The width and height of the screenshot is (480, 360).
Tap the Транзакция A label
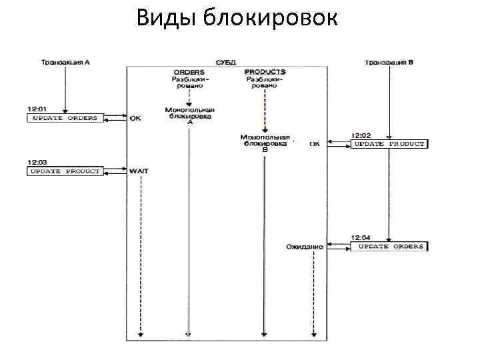(65, 62)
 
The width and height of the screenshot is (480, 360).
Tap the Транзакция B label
(389, 62)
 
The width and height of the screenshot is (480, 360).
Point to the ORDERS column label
(189, 71)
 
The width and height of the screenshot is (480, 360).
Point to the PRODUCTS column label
(265, 71)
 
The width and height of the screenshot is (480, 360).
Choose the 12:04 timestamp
(360, 237)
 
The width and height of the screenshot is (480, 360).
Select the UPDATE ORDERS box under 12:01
(65, 118)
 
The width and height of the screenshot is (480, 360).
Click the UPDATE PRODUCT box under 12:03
(65, 171)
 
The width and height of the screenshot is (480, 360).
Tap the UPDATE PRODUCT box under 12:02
(389, 143)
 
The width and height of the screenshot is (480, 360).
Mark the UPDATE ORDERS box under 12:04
(389, 246)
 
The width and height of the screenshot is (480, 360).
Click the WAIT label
(139, 171)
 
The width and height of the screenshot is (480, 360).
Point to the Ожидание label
(305, 247)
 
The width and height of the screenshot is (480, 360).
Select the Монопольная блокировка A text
(190, 115)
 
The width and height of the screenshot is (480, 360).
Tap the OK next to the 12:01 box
(135, 118)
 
